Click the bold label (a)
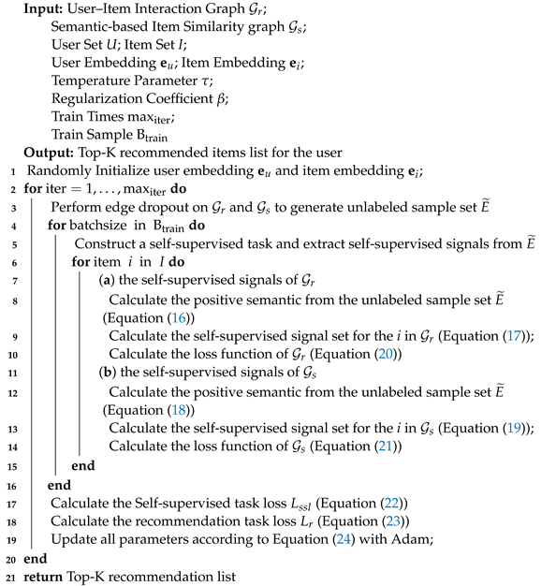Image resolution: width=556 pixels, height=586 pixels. click(107, 280)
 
